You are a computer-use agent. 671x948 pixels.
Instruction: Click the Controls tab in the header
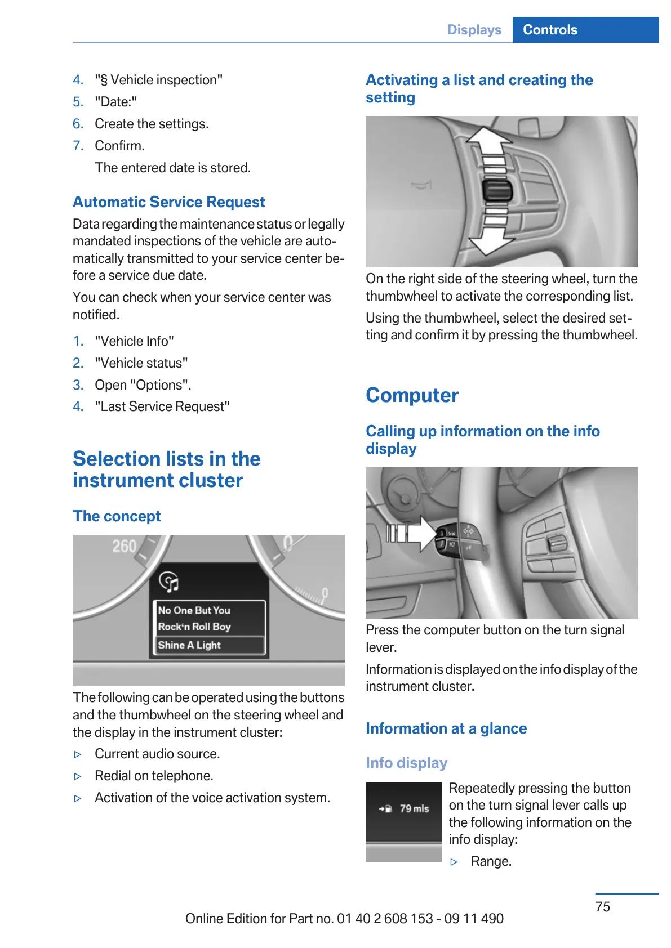550,30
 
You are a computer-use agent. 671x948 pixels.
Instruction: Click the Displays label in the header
474,30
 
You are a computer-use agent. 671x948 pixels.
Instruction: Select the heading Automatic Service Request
168,202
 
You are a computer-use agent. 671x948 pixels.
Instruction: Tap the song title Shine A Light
189,645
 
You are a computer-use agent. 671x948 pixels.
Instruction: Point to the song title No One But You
194,610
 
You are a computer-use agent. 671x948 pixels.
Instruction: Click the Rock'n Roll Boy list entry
194,627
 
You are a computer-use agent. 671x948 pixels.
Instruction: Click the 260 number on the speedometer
124,546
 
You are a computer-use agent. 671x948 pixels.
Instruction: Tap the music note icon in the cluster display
169,582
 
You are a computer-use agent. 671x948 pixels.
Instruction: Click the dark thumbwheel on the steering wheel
497,191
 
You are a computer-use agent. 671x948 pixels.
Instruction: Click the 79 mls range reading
414,808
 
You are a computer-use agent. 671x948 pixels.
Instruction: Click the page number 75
602,906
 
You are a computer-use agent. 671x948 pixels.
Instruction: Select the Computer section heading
412,395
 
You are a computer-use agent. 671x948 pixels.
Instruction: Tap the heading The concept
117,516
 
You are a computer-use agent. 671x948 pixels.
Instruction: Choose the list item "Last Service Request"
162,406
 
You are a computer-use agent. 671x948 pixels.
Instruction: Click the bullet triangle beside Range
454,862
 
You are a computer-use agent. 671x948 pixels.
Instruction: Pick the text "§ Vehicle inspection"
158,80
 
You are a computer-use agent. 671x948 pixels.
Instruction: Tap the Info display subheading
406,763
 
